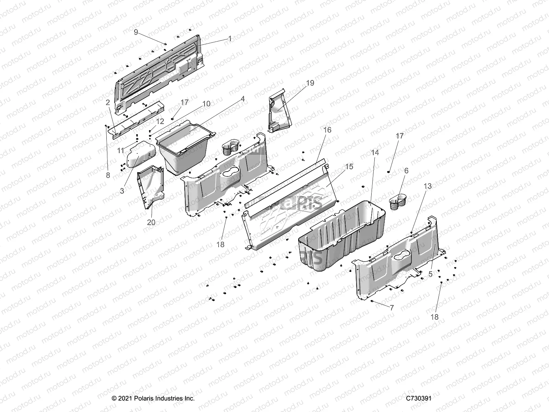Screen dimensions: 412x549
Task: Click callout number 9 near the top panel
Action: pyautogui.click(x=136, y=32)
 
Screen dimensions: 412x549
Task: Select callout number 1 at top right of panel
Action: pyautogui.click(x=230, y=39)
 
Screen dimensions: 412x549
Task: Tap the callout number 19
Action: pyautogui.click(x=310, y=83)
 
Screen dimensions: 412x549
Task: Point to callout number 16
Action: pyautogui.click(x=327, y=130)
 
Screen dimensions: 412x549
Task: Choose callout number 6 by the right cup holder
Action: pyautogui.click(x=407, y=171)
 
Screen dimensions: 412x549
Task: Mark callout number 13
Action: pyautogui.click(x=428, y=186)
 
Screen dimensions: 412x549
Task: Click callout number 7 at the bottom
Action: pyautogui.click(x=392, y=308)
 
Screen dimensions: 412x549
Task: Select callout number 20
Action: pyautogui.click(x=151, y=222)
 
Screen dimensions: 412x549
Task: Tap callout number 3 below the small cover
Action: pyautogui.click(x=122, y=191)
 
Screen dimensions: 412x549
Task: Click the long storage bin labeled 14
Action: pyautogui.click(x=340, y=240)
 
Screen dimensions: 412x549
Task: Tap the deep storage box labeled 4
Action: pyautogui.click(x=185, y=148)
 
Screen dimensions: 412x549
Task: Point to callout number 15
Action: pyautogui.click(x=349, y=167)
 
